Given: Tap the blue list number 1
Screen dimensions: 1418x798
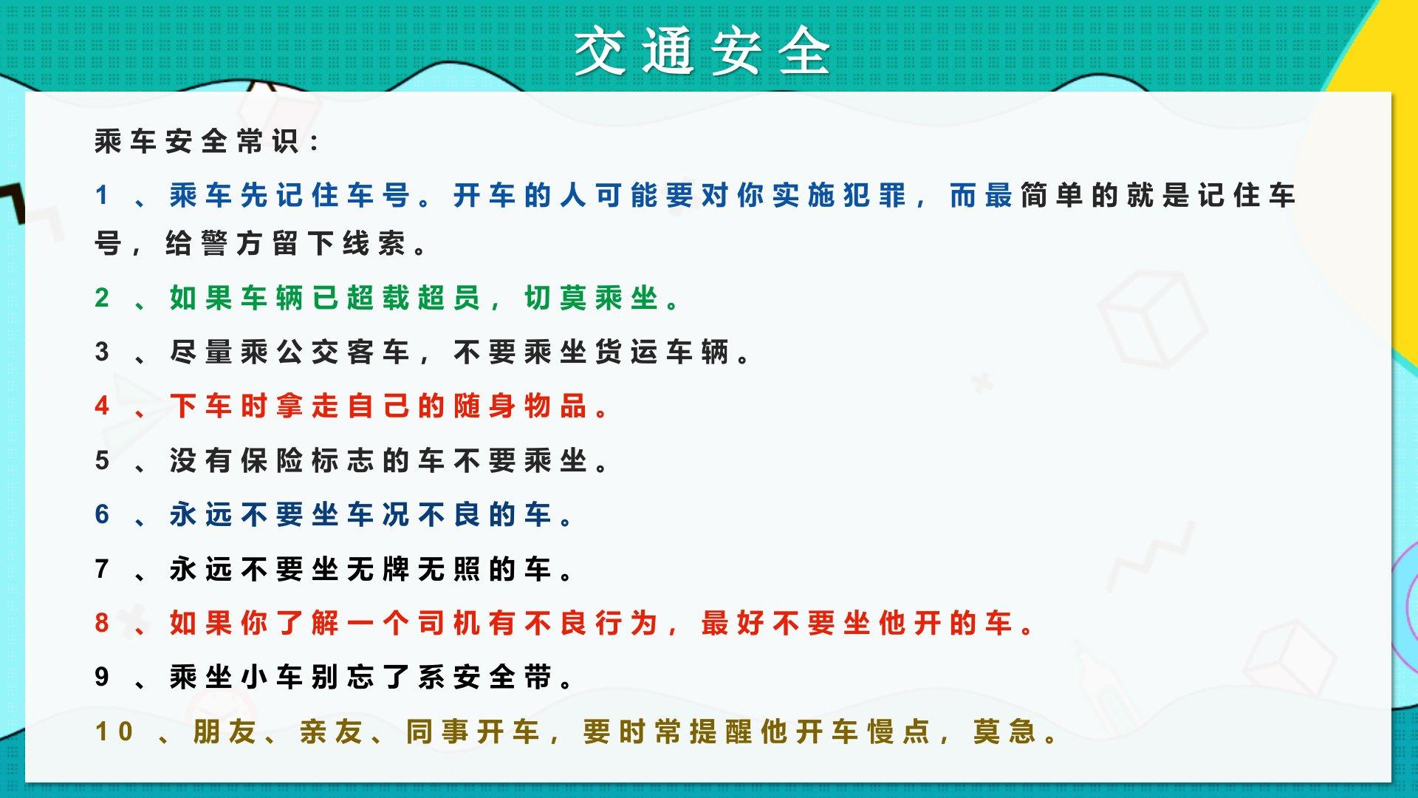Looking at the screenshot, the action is (101, 195).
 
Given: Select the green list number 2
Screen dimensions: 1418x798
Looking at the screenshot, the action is (102, 298).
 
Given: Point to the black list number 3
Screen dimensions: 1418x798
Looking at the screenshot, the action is (102, 352).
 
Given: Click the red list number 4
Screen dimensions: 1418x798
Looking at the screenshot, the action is (102, 406).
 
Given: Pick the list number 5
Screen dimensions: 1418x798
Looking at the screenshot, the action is (102, 460).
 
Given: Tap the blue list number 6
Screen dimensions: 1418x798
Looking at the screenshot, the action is (102, 514).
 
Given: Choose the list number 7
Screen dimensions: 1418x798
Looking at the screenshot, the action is (102, 569).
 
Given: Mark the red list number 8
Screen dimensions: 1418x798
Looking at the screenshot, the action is (102, 623).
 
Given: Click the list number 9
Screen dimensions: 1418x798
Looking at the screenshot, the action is (102, 677).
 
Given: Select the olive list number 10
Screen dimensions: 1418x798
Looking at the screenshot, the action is (114, 731).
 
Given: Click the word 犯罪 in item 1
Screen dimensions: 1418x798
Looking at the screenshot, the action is (874, 196).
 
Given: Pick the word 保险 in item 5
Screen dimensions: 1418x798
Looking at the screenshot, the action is (272, 460).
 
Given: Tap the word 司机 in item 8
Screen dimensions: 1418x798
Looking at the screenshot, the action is (449, 623).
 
